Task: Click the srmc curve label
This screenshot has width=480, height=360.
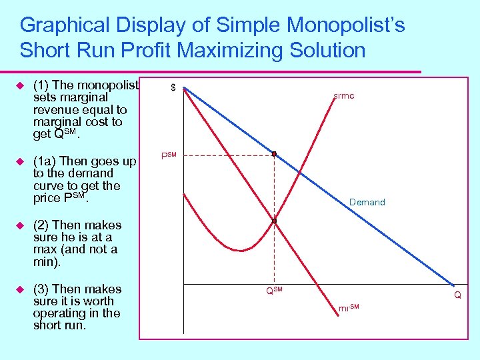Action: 344,96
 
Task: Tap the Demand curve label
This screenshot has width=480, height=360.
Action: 367,202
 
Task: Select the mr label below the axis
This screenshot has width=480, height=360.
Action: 349,308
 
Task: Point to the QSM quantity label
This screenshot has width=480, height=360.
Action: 274,291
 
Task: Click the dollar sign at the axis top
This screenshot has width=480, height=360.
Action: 173,88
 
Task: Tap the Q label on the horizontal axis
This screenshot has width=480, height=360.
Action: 458,295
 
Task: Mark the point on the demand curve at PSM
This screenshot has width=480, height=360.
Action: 274,154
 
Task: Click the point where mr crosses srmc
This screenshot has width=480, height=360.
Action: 274,221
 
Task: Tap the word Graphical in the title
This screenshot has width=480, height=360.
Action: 65,26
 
